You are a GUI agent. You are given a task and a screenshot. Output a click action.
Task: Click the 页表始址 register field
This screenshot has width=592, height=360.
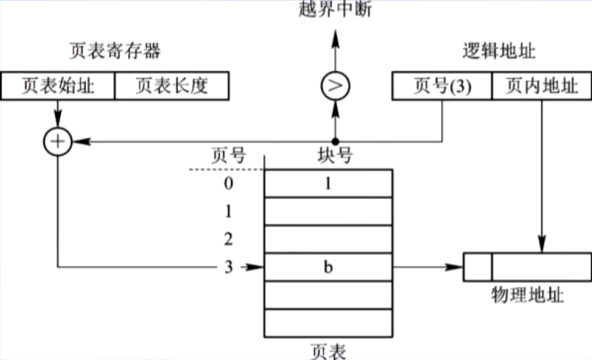click(x=58, y=86)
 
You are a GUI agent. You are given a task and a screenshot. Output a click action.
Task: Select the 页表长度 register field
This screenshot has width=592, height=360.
click(x=172, y=86)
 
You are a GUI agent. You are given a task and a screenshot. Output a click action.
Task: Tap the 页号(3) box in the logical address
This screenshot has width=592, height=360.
click(x=442, y=86)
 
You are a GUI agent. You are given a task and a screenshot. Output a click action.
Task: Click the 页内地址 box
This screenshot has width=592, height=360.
click(x=542, y=86)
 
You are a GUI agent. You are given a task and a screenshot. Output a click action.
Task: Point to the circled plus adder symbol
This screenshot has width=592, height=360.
click(x=58, y=142)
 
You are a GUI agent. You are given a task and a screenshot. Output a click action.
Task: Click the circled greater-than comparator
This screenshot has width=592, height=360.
click(x=335, y=86)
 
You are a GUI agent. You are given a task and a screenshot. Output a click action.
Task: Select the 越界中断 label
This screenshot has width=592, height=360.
click(x=335, y=9)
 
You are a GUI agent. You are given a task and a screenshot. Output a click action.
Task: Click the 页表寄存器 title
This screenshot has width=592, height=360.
click(x=115, y=51)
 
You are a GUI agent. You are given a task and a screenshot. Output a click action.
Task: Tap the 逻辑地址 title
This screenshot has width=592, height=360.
click(x=499, y=51)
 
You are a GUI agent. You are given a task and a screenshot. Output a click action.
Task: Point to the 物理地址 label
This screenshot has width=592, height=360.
click(x=527, y=295)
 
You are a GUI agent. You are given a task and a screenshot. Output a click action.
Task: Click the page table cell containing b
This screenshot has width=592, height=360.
click(x=328, y=267)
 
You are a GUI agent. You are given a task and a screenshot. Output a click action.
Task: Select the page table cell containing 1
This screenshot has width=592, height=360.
click(x=328, y=183)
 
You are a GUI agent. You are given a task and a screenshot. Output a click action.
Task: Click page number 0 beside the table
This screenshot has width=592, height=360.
click(x=229, y=183)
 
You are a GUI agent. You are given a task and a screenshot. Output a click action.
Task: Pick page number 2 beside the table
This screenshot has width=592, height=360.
click(x=229, y=239)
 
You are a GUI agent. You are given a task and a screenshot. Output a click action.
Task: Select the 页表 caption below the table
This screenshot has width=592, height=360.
click(x=328, y=351)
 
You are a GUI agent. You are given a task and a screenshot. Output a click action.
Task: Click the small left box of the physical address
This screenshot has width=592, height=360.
click(x=478, y=267)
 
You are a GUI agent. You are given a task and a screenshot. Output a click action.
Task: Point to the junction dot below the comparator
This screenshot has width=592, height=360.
click(x=335, y=141)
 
